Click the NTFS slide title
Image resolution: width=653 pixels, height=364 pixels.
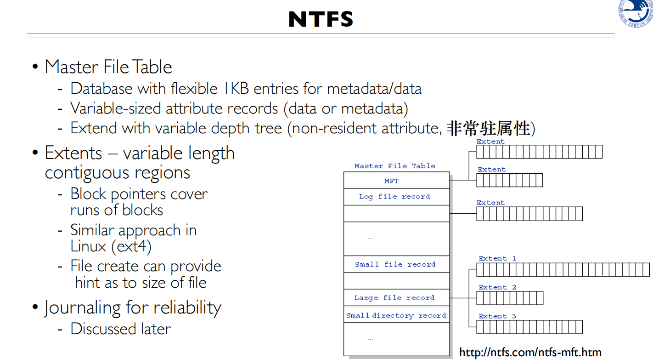[x=321, y=19]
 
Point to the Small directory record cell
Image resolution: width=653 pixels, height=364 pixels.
[x=396, y=315]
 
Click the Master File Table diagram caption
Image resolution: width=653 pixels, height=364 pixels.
[x=394, y=166]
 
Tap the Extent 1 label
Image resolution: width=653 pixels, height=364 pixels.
[x=497, y=258]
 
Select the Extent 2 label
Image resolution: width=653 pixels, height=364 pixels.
[x=497, y=287]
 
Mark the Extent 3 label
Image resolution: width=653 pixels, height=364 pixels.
[x=497, y=316]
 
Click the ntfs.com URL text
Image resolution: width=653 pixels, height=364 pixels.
[x=530, y=353]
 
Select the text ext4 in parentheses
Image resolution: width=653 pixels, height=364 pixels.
[x=131, y=246]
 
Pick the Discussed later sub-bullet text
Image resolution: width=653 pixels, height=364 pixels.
[x=120, y=329]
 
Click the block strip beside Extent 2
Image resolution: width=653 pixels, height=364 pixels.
[x=510, y=298]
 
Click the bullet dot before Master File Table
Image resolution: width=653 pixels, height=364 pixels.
[x=35, y=68]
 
